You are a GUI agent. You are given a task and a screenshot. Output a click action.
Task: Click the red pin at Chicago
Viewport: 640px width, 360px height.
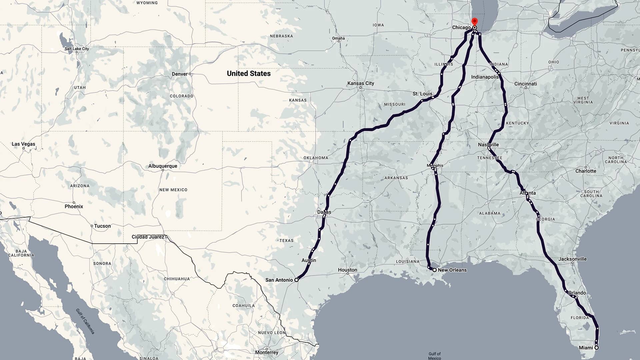474,22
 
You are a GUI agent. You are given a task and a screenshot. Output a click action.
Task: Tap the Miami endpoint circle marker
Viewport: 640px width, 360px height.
596,348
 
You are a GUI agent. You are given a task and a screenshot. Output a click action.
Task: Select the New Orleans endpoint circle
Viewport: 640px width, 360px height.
434,270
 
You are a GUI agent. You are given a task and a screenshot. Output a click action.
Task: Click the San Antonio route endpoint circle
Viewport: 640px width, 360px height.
296,280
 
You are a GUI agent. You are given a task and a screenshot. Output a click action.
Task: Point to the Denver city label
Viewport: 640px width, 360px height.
180,74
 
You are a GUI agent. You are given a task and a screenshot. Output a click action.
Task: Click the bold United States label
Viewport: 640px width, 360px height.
249,73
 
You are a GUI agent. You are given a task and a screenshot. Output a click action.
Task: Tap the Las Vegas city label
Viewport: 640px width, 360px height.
23,144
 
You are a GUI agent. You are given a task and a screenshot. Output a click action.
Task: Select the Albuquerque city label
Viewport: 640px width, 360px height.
163,166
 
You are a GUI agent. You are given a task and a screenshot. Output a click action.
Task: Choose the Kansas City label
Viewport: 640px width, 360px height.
361,83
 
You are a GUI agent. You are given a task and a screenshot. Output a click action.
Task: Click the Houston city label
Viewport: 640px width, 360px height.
347,270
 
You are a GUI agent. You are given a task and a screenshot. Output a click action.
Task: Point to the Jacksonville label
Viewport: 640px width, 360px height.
572,259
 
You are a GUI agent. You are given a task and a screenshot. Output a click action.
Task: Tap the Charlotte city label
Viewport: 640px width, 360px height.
586,171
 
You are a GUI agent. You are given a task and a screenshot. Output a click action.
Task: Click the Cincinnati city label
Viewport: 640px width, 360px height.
525,84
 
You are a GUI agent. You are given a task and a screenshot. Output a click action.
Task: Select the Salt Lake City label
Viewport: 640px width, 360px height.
77,49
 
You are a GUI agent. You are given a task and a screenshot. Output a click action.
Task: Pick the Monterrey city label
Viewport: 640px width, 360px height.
267,352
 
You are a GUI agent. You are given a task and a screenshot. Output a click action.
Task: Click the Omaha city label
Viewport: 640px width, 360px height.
338,38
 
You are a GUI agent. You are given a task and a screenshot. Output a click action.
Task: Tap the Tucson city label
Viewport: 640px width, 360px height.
102,226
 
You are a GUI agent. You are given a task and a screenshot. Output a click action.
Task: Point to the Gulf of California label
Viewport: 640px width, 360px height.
85,321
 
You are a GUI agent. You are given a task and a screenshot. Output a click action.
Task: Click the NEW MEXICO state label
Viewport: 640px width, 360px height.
173,190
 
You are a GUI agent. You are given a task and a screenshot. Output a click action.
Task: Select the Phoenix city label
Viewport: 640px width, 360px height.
74,206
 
